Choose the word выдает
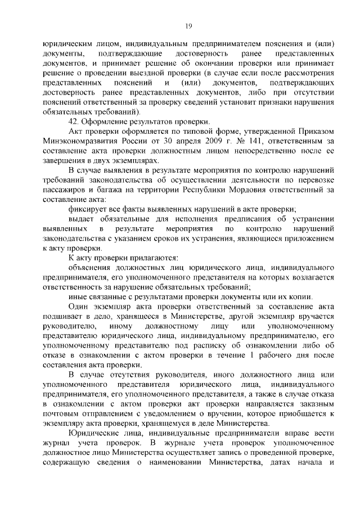pyautogui.click(x=80, y=219)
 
